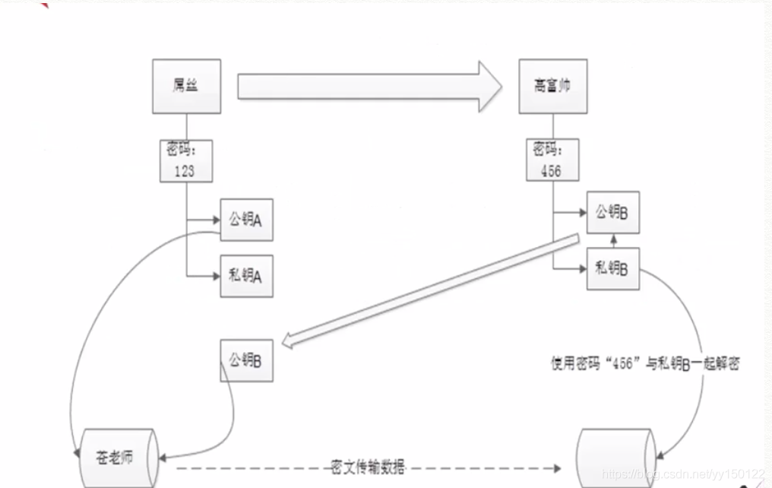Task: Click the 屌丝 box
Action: [186, 86]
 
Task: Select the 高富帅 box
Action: [552, 86]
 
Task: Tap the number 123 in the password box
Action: [185, 171]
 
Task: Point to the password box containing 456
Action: [552, 160]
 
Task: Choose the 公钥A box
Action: [246, 220]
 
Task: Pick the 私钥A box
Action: [246, 275]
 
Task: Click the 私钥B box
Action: [612, 268]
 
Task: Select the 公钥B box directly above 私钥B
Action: [612, 213]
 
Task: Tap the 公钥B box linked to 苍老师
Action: [246, 360]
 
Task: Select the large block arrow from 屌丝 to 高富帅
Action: [369, 86]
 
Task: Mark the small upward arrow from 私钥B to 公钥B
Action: [612, 241]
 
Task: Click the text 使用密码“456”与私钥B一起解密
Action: [645, 363]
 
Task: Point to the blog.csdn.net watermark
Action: [683, 474]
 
